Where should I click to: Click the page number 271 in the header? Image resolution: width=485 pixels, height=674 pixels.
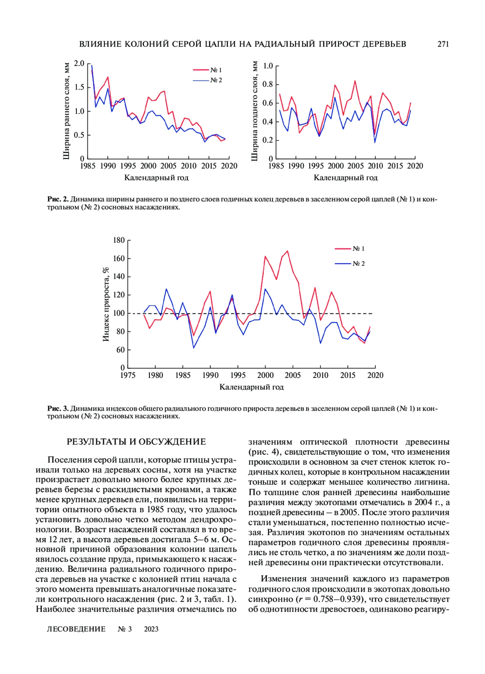443,44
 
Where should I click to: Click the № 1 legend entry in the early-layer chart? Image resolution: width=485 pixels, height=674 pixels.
216,70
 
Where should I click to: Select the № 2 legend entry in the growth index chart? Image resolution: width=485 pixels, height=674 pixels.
358,263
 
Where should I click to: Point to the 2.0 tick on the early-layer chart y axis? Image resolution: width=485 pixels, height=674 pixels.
79,63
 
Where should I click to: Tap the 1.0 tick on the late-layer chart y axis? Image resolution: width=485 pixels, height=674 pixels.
268,66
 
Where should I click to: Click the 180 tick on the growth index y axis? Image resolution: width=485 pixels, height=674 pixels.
119,240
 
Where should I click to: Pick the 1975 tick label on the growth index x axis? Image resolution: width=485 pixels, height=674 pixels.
128,375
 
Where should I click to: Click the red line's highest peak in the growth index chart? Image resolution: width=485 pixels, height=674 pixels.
287,251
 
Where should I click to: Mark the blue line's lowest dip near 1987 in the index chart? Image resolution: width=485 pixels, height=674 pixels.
194,348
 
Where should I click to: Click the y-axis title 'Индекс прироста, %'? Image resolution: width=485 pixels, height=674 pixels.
106,304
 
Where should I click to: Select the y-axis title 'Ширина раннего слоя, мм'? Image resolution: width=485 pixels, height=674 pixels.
67,111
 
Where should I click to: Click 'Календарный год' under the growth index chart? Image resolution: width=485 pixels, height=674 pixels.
251,387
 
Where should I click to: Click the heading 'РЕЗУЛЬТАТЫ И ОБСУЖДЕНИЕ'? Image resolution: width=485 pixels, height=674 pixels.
136,442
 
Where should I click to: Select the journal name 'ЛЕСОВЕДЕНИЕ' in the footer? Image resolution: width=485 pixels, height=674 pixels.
76,629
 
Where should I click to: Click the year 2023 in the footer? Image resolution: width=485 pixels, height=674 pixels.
151,629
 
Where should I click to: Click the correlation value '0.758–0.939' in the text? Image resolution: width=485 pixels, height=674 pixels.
336,599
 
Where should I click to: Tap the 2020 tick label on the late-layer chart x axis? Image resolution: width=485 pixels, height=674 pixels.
415,166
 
